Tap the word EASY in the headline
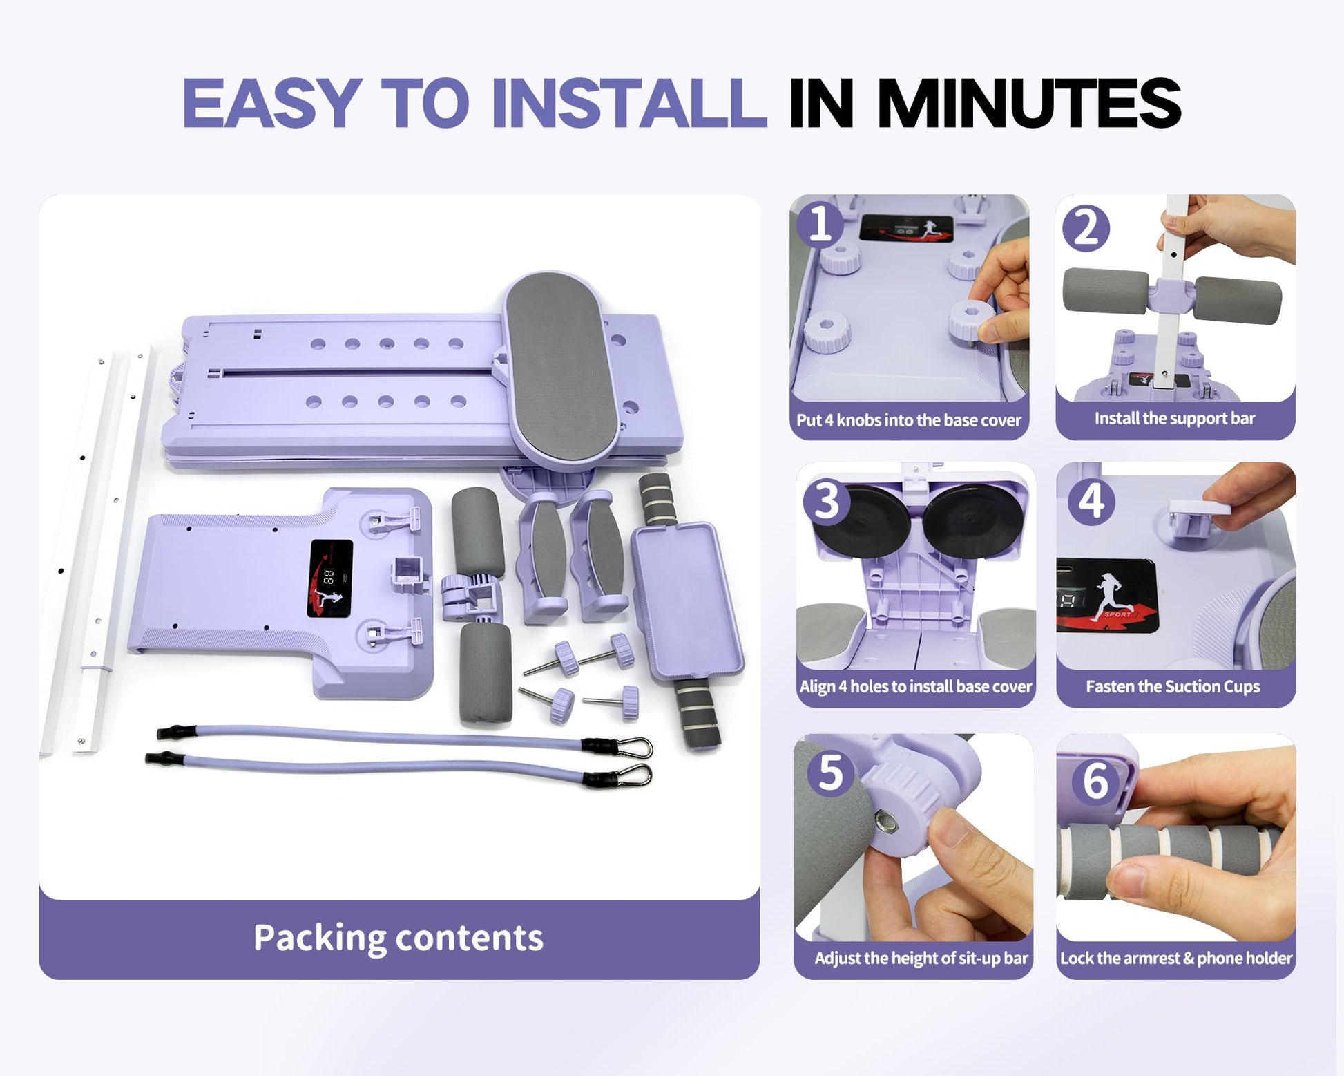272,103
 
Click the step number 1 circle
820,225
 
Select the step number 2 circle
1086,229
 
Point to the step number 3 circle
827,501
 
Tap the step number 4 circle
1091,501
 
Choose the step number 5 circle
830,773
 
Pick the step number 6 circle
1095,782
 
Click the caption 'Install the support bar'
1175,419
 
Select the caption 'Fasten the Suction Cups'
1173,687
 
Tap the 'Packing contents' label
399,938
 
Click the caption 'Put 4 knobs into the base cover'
909,420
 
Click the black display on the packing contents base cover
330,578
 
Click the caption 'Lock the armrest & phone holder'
1176,959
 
